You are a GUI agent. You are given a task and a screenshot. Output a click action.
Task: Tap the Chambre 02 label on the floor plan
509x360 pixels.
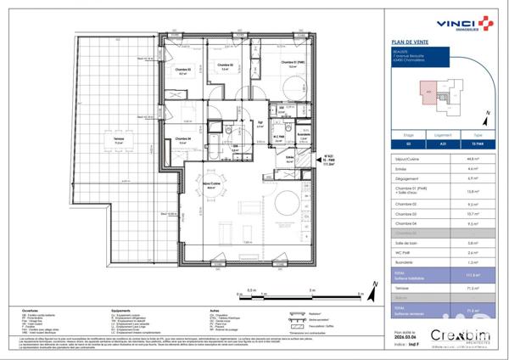223,65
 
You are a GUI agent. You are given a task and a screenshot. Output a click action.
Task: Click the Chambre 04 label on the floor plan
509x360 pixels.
183,138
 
